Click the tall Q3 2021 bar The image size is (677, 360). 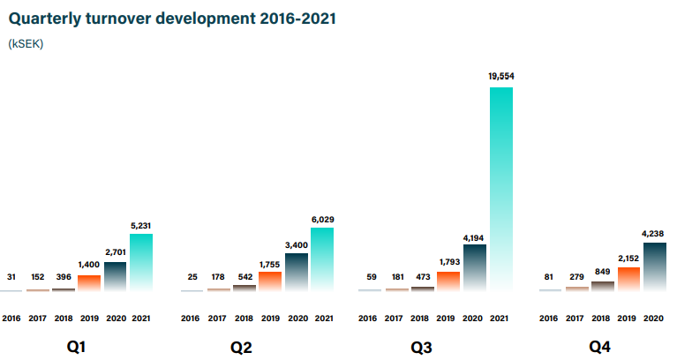coord(501,189)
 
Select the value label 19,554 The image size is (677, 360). coord(501,77)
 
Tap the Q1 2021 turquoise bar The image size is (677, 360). coord(141,262)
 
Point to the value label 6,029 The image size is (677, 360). coord(323,220)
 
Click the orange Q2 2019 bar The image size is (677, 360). coord(270,281)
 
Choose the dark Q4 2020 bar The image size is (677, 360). coord(655,266)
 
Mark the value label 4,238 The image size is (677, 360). coord(653,234)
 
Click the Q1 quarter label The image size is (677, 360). coord(76,347)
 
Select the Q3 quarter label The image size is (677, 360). coord(421,348)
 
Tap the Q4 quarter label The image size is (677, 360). coord(600,347)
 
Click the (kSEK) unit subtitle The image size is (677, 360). coord(26,44)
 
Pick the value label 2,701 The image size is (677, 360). coord(116,252)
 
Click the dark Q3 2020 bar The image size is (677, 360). coord(475,267)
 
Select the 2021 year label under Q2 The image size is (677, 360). coord(324,319)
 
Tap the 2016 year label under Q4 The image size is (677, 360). coord(548,319)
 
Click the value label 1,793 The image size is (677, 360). coord(450,262)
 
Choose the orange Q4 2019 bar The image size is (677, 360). coord(628,280)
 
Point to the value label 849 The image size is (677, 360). coord(602,272)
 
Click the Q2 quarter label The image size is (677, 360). coord(241,348)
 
